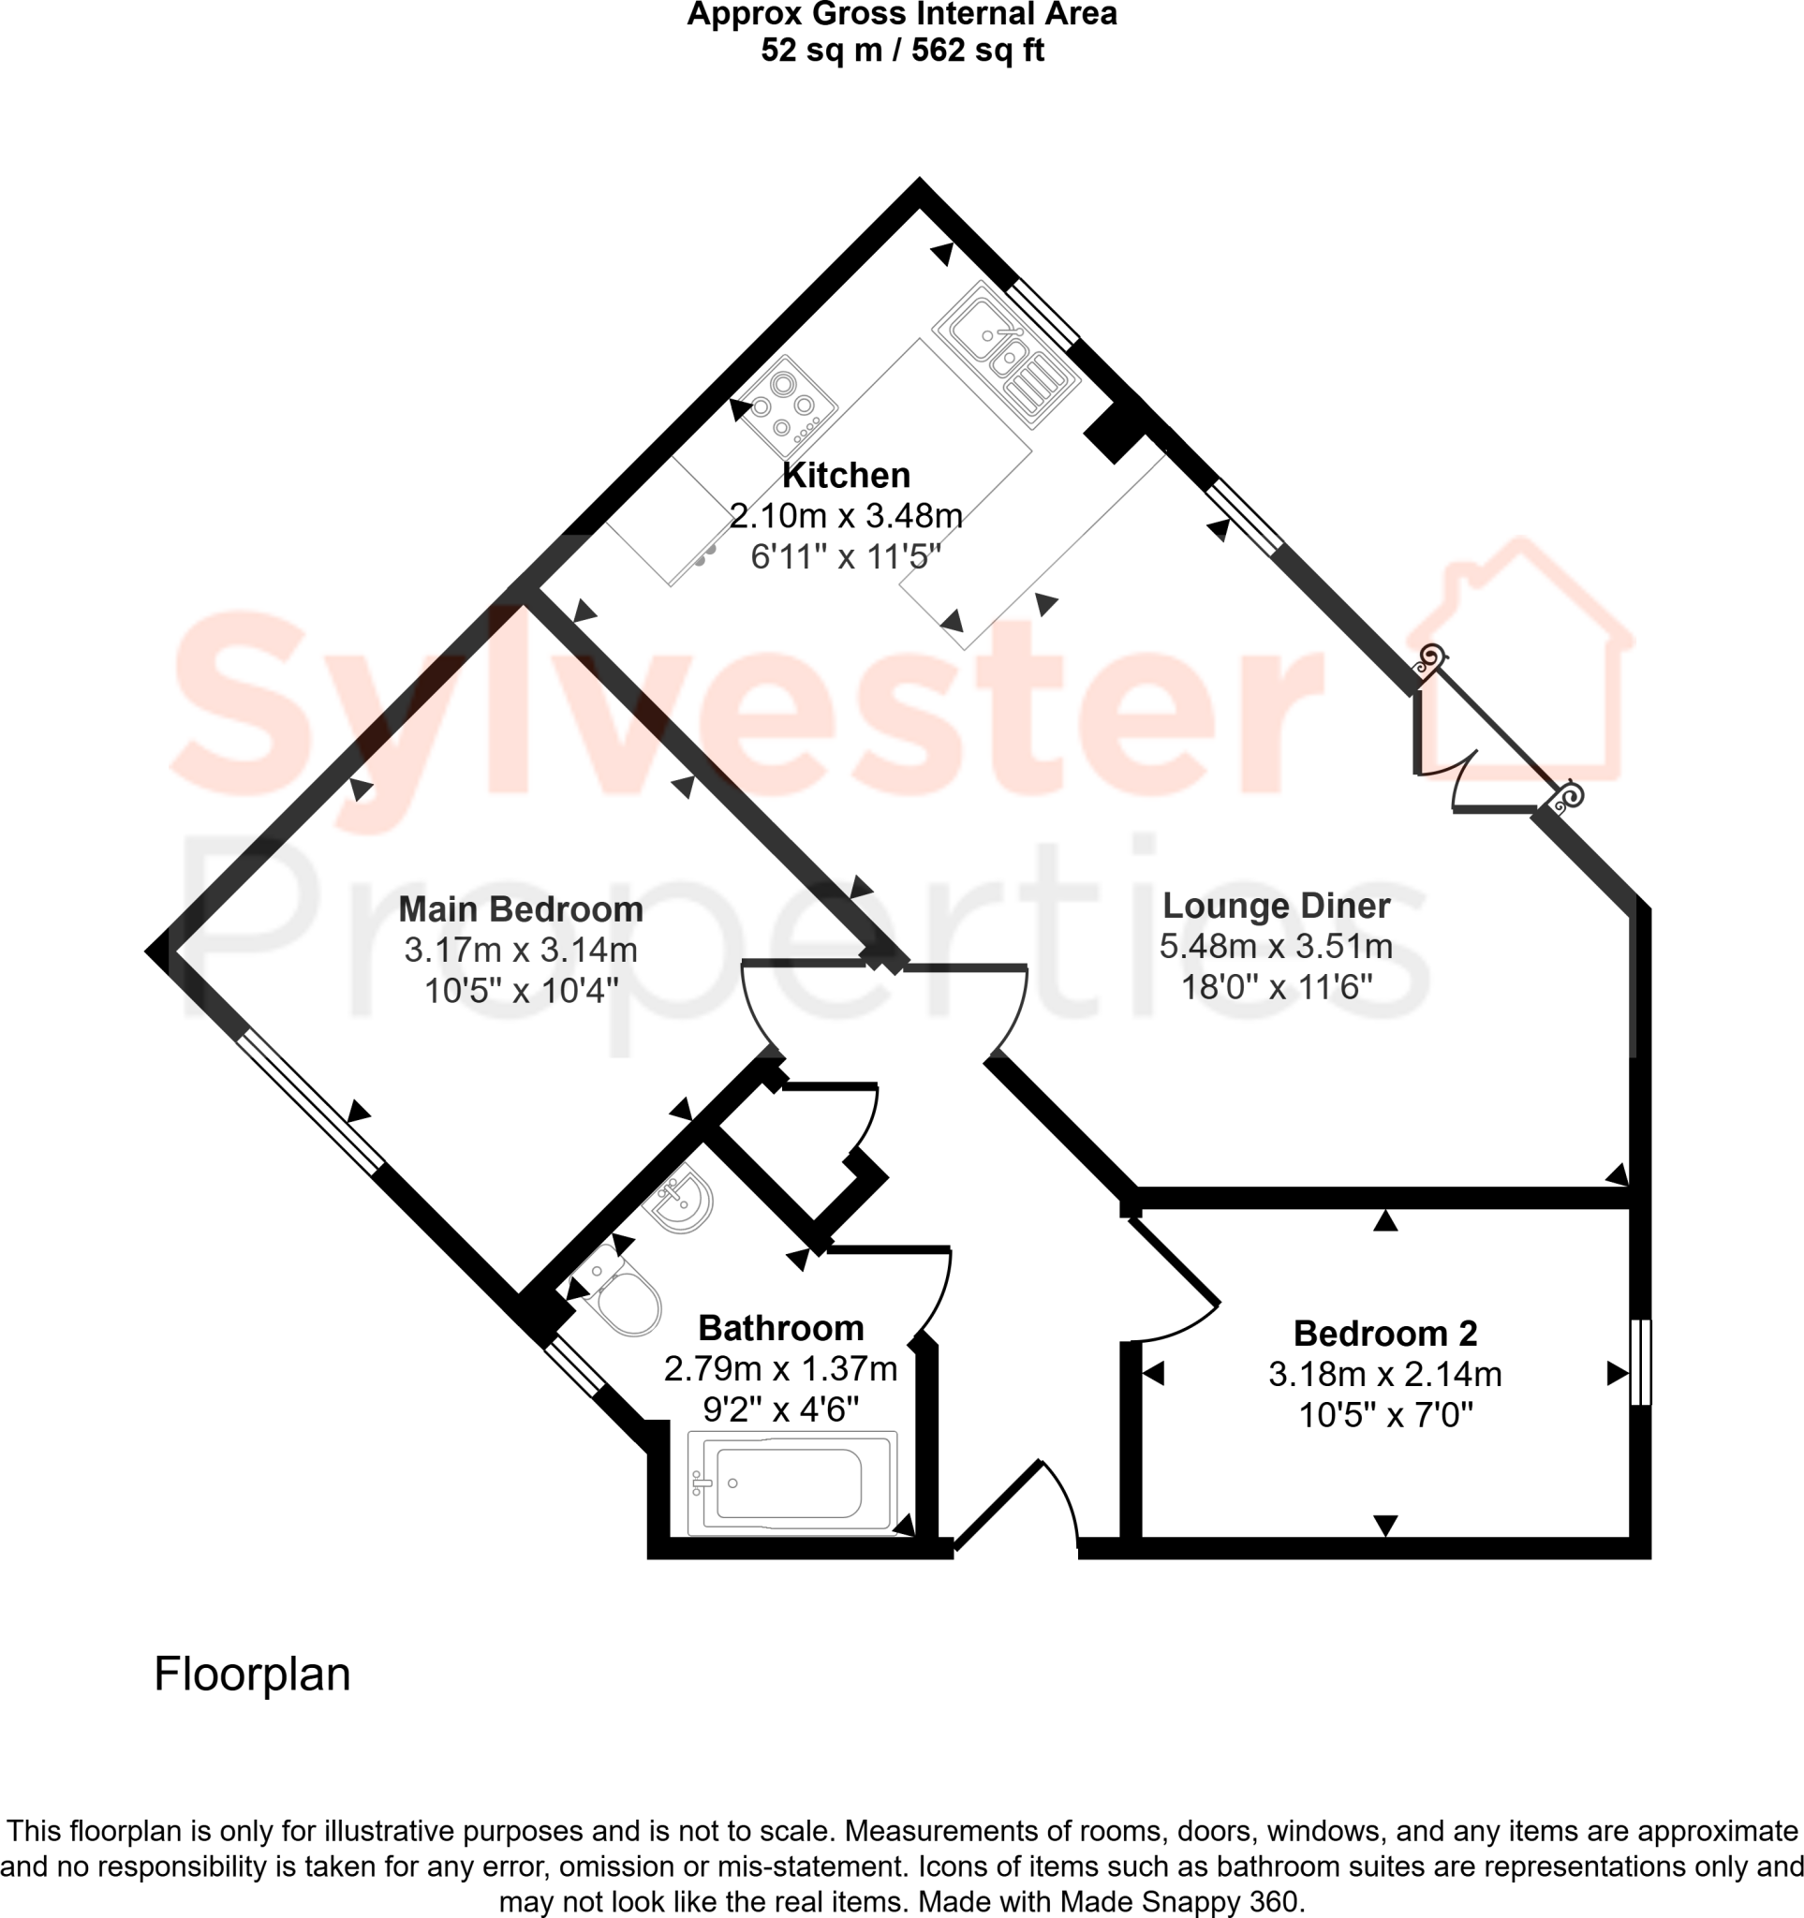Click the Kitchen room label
point(845,476)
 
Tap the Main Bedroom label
point(520,908)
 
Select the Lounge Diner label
point(1276,905)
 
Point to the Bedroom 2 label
point(1384,1333)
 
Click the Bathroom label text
point(780,1328)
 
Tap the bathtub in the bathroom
point(791,1483)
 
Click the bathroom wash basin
point(682,1200)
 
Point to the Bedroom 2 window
point(1640,1362)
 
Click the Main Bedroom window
point(310,1101)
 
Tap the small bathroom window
point(573,1366)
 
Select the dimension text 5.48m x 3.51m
point(1276,947)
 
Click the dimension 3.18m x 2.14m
point(1384,1374)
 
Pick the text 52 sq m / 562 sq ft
point(902,51)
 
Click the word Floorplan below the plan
point(252,1674)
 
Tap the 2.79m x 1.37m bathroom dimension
point(780,1368)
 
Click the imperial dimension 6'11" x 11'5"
point(845,556)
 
